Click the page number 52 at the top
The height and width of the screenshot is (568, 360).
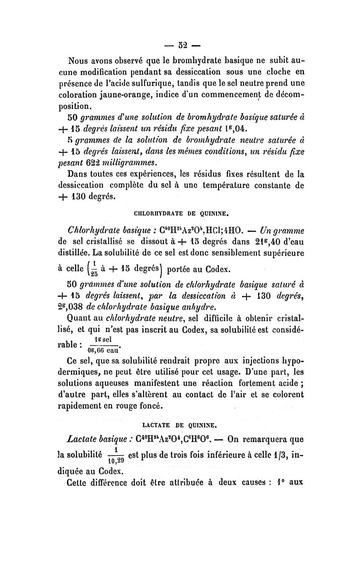point(182,45)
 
